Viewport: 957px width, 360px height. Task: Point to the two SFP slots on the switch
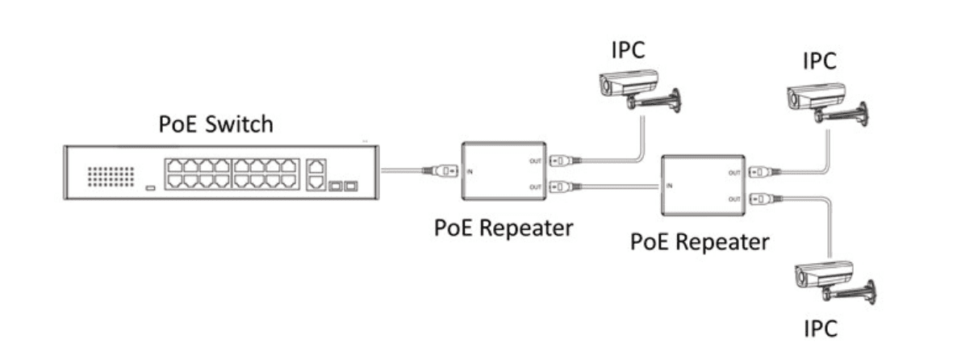[x=343, y=186]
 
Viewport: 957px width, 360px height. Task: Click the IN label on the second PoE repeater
[x=670, y=186]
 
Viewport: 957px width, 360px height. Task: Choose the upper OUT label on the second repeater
[x=734, y=172]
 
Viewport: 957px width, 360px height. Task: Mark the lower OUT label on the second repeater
[x=734, y=199]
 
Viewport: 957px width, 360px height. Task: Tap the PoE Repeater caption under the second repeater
[x=700, y=241]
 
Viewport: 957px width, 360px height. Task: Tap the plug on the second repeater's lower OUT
[x=762, y=199]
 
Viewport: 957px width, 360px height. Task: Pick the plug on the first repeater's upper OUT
[x=562, y=160]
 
